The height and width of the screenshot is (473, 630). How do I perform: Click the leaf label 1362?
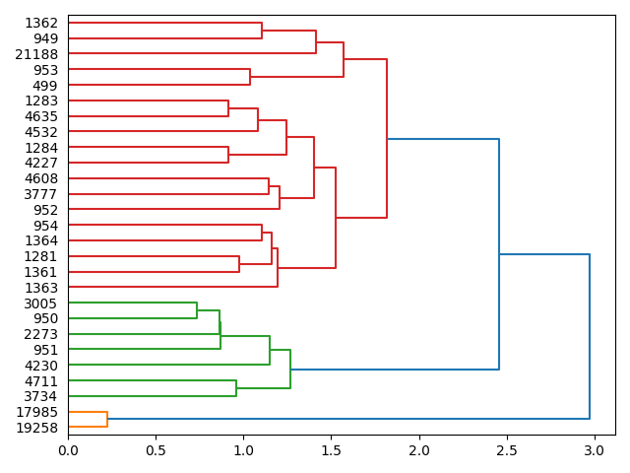point(41,23)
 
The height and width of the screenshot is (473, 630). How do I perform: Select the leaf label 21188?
point(37,54)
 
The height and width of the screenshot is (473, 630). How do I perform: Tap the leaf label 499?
point(45,86)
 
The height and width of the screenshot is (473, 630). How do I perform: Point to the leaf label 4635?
point(41,116)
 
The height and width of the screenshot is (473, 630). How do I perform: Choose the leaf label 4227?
point(41,164)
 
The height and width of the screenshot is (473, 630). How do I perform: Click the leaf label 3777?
point(41,194)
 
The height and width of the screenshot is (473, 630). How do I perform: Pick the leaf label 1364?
point(41,240)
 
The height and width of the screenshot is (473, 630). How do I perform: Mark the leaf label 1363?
point(41,288)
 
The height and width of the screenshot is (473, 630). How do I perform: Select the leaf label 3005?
point(41,304)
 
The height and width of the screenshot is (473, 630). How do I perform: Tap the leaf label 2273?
point(41,334)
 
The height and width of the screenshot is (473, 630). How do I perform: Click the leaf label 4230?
point(41,366)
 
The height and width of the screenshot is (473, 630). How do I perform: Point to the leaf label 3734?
point(41,396)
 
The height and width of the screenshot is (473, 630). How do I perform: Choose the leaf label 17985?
point(37,412)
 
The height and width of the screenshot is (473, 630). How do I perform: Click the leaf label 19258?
point(37,428)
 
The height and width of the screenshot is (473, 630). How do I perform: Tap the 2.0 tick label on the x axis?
point(419,450)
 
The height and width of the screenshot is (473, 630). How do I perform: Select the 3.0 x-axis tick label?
point(594,450)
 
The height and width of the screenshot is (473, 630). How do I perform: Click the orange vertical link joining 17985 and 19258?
point(107,420)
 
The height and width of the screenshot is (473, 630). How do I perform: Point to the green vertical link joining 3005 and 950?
point(197,311)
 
